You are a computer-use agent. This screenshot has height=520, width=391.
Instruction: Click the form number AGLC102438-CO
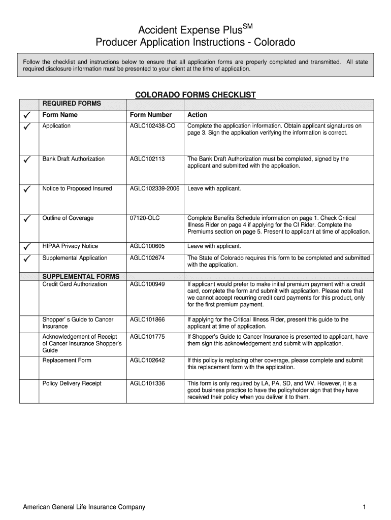[153, 126]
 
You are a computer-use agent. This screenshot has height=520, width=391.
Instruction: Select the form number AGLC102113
[147, 159]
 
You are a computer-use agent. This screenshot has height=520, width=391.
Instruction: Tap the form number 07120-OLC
[145, 218]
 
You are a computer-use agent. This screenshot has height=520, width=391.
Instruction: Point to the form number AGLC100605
[147, 246]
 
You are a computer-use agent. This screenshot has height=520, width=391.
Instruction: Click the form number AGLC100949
[147, 284]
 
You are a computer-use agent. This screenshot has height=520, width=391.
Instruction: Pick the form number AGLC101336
[147, 383]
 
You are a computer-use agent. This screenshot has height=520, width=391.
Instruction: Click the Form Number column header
[151, 115]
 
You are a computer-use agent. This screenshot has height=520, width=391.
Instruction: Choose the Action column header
[197, 115]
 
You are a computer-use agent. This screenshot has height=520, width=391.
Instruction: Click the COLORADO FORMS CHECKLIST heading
[195, 94]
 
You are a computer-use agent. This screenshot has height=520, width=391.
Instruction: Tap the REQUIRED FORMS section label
[72, 104]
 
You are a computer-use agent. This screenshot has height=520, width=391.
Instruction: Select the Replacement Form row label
[67, 361]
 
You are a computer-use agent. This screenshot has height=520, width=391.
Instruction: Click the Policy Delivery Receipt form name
[72, 383]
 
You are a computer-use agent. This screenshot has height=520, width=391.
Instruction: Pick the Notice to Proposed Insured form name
[77, 188]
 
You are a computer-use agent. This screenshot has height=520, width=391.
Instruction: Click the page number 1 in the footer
[365, 507]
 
